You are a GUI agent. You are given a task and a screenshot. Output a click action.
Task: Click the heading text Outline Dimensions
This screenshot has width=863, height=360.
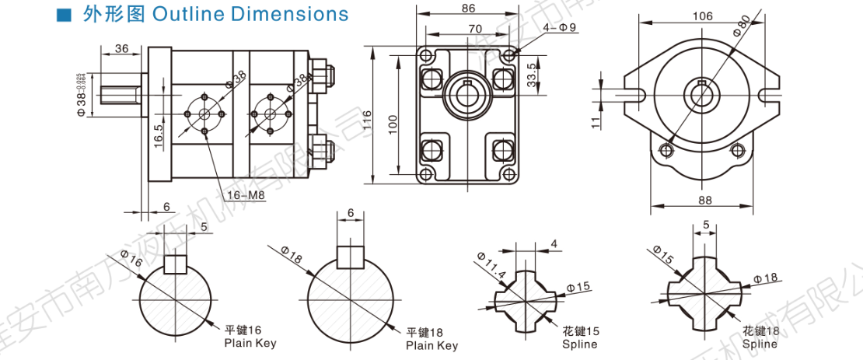click(x=251, y=14)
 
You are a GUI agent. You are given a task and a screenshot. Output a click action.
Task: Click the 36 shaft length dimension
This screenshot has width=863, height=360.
click(x=121, y=48)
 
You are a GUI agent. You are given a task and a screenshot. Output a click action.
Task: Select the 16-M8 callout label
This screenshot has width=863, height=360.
click(x=247, y=195)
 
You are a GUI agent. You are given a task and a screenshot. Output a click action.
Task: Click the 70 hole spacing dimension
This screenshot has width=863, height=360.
click(x=468, y=29)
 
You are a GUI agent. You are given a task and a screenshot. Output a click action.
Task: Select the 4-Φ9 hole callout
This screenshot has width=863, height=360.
click(x=560, y=28)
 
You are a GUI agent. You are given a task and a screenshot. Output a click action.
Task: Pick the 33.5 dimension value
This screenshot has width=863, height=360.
click(x=531, y=76)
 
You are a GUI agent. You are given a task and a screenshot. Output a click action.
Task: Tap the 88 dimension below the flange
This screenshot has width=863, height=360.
click(x=705, y=200)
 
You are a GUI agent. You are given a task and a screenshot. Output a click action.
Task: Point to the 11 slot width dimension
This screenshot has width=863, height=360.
click(x=594, y=121)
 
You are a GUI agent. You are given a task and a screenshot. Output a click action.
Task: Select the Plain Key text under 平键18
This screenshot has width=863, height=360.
click(x=432, y=345)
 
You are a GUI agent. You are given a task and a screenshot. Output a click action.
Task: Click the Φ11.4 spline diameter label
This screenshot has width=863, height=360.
click(x=491, y=265)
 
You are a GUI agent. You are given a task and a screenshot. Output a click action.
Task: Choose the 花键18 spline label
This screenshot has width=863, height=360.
click(x=760, y=330)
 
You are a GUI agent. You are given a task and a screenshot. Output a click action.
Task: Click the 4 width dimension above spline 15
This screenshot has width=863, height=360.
click(x=554, y=243)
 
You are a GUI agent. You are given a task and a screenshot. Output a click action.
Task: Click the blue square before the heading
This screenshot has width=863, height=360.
click(x=65, y=15)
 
